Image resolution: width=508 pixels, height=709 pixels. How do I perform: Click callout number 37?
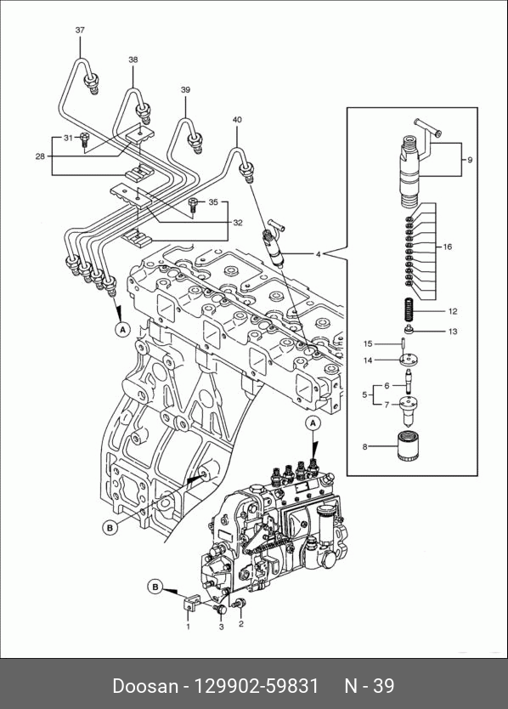tap(80, 30)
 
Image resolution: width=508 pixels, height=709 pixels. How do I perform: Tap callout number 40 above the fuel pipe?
tap(237, 120)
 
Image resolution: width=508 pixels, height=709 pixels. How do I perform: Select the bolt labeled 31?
tap(84, 140)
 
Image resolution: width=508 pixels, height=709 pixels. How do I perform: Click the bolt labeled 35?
tap(193, 206)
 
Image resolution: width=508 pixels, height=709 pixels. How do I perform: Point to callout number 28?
tap(40, 156)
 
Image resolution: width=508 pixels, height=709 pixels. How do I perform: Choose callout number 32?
tap(238, 223)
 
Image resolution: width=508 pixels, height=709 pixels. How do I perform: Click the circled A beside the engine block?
tap(122, 330)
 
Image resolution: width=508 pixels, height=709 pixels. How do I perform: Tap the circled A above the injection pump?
tap(313, 423)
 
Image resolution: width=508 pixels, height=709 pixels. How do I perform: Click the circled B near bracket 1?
tap(155, 587)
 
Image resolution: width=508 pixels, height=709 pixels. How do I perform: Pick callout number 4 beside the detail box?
tap(319, 254)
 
